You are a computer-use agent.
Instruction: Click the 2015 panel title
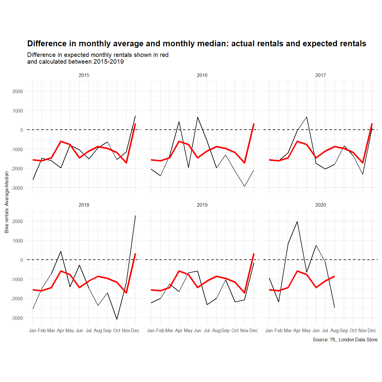pos(84,75)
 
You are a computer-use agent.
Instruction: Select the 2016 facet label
pos(202,75)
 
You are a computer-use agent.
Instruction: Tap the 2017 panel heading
pos(320,75)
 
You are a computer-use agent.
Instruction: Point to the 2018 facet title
pos(84,205)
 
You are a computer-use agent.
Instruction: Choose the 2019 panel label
pos(202,205)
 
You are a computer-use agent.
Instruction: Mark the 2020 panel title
pos(320,205)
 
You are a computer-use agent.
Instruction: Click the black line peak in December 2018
pos(135,215)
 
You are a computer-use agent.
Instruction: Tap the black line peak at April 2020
pos(297,222)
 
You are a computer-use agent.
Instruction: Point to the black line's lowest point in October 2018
pos(117,319)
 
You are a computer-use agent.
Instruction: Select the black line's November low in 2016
pos(244,186)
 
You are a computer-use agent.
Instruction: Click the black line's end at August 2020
pos(335,307)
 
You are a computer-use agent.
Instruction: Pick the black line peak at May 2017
pos(307,117)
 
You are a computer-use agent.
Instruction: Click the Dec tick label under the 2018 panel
pos(135,330)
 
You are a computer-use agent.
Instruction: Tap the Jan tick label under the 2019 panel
pos(151,330)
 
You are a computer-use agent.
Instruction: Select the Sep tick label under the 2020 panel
pos(344,330)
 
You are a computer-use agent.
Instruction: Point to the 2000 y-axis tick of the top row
pos(18,91)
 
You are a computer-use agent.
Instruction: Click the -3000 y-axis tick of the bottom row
pos(17,318)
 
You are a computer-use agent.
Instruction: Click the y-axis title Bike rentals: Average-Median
pos(7,202)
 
